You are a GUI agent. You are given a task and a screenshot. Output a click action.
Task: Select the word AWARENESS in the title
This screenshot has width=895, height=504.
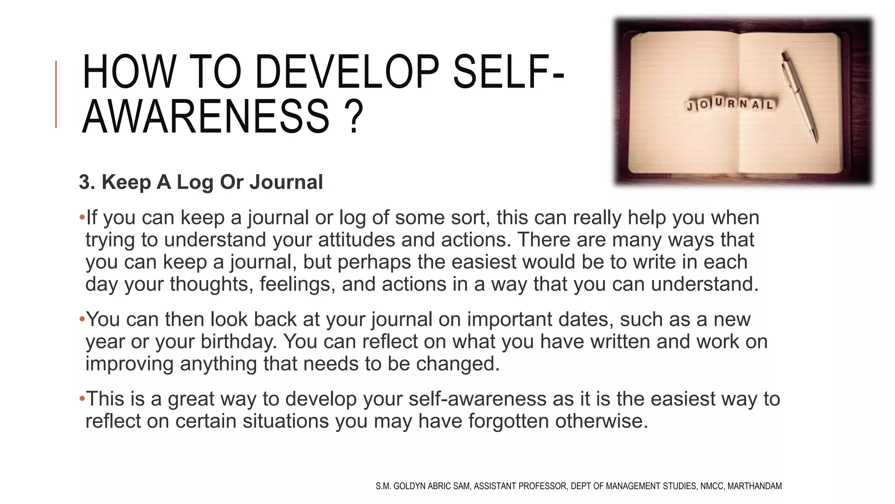205,117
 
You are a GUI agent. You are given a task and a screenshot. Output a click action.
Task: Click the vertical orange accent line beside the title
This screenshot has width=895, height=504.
56,94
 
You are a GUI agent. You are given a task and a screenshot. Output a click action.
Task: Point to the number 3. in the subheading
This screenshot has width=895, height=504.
87,182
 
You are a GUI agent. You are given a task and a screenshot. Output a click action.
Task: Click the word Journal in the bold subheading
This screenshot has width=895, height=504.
286,182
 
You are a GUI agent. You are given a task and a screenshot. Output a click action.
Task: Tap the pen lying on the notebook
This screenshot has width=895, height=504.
799,97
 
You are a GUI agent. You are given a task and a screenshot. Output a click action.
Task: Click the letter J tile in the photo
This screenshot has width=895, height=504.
690,106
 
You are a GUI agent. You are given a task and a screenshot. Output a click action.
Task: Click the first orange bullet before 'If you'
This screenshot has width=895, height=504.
82,217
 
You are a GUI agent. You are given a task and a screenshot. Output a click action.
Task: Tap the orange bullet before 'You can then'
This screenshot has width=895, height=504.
82,319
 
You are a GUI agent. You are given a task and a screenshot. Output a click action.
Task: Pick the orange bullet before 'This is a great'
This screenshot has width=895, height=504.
82,399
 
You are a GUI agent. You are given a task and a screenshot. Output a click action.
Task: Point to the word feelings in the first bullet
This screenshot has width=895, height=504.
297,284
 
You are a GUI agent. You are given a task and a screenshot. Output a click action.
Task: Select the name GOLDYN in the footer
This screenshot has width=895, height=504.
410,486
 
